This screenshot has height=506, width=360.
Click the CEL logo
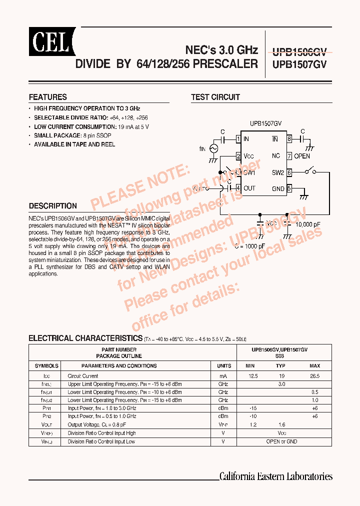click(51, 42)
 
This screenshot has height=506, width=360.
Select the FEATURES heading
click(48, 97)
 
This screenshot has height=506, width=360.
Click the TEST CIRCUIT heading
click(215, 97)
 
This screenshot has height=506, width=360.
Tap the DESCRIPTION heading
click(53, 205)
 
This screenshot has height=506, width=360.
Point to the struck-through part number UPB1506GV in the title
click(299, 50)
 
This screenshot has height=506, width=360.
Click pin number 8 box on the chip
click(289, 139)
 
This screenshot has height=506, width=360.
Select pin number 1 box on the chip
click(239, 139)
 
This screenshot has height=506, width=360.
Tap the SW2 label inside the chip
click(277, 172)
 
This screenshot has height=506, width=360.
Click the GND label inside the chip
click(277, 188)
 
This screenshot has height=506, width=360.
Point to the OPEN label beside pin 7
click(302, 156)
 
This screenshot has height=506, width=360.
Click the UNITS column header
click(224, 366)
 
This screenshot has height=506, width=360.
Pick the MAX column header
click(315, 366)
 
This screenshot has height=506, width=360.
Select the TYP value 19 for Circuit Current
click(282, 376)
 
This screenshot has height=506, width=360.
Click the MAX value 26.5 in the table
click(314, 376)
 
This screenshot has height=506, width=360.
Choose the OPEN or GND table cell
click(282, 441)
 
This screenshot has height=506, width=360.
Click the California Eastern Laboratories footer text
click(276, 476)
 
